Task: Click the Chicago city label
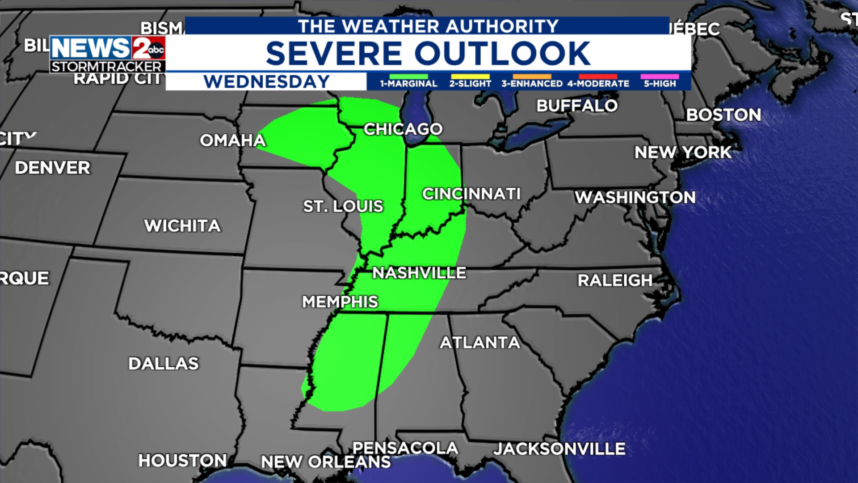(403, 129)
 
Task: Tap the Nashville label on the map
(419, 273)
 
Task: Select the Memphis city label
(340, 302)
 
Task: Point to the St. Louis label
(343, 206)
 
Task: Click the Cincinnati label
(471, 194)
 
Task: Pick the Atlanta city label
(480, 343)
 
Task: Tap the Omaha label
(233, 140)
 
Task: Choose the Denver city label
(53, 168)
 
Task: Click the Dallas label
(164, 364)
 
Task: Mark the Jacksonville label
(559, 449)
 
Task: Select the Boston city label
(723, 115)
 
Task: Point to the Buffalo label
(577, 106)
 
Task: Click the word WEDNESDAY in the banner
(266, 82)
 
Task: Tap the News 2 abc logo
(108, 54)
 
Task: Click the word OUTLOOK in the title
(502, 54)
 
